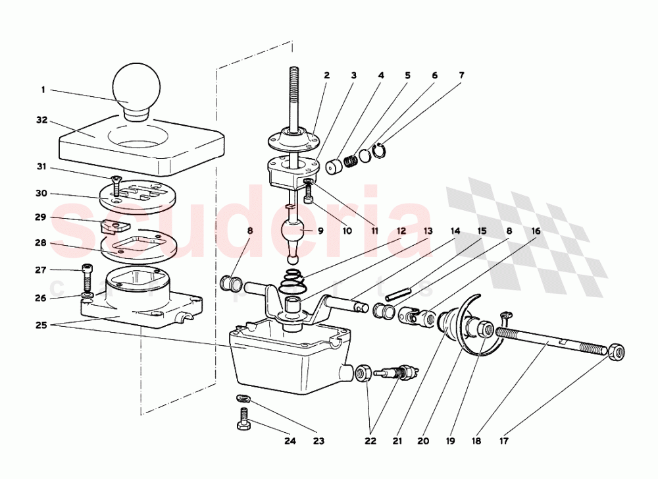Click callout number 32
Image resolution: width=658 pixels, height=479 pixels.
[x=42, y=121]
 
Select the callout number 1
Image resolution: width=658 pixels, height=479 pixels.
[x=43, y=89]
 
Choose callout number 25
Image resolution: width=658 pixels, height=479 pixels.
[x=42, y=325]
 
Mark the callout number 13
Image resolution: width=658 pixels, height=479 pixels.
[x=428, y=231]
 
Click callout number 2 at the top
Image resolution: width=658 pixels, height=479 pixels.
[x=326, y=75]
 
